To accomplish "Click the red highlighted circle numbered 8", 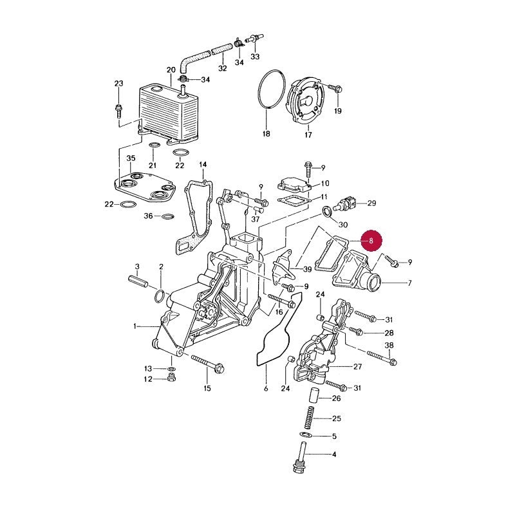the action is (x=371, y=240).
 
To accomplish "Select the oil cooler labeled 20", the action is (x=168, y=115).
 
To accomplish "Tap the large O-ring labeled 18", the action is (x=271, y=89).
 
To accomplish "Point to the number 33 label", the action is (x=255, y=57).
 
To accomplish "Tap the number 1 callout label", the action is (x=135, y=326).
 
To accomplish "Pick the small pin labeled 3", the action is (x=138, y=282).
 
